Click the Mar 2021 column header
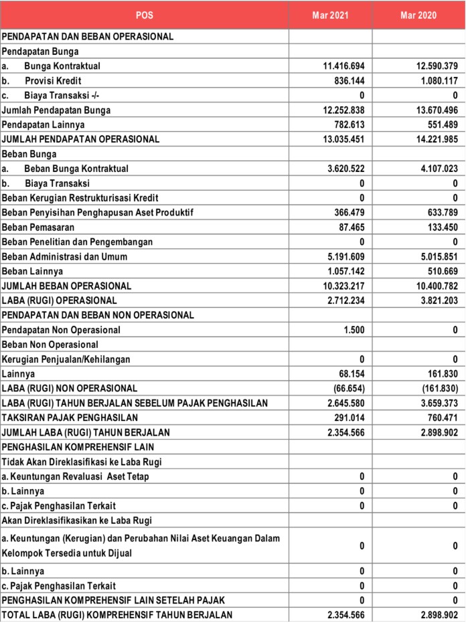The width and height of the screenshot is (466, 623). (330, 15)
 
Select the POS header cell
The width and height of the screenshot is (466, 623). (144, 15)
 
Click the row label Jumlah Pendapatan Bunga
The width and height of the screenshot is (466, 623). (56, 110)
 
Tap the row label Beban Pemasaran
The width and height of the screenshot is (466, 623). (37, 228)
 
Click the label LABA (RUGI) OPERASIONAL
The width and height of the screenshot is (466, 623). (60, 300)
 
